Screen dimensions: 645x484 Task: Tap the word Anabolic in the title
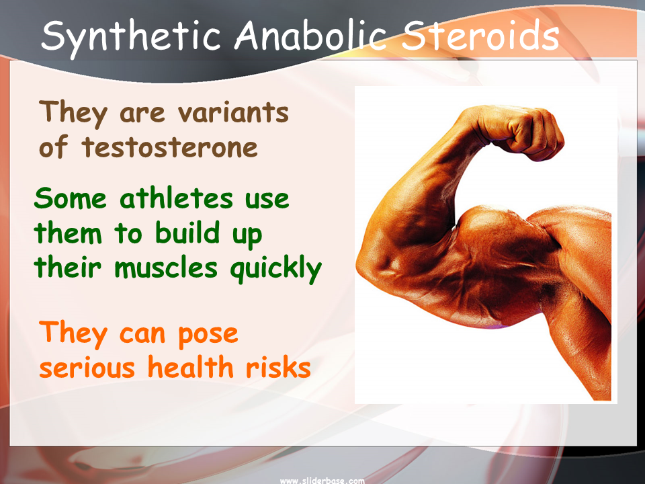pos(310,34)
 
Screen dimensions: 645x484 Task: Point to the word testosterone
pos(169,147)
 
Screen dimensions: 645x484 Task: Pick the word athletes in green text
pos(176,198)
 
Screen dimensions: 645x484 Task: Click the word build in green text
pos(187,233)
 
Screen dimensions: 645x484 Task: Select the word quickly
pos(276,269)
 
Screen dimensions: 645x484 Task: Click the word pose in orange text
pos(208,335)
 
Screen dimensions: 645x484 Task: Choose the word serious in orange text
pos(87,368)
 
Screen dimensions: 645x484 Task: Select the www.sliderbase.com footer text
pos(322,480)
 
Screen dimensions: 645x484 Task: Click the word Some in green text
pos(71,198)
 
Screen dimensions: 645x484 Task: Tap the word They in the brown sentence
pos(73,113)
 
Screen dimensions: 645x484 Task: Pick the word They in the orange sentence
pos(73,334)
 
